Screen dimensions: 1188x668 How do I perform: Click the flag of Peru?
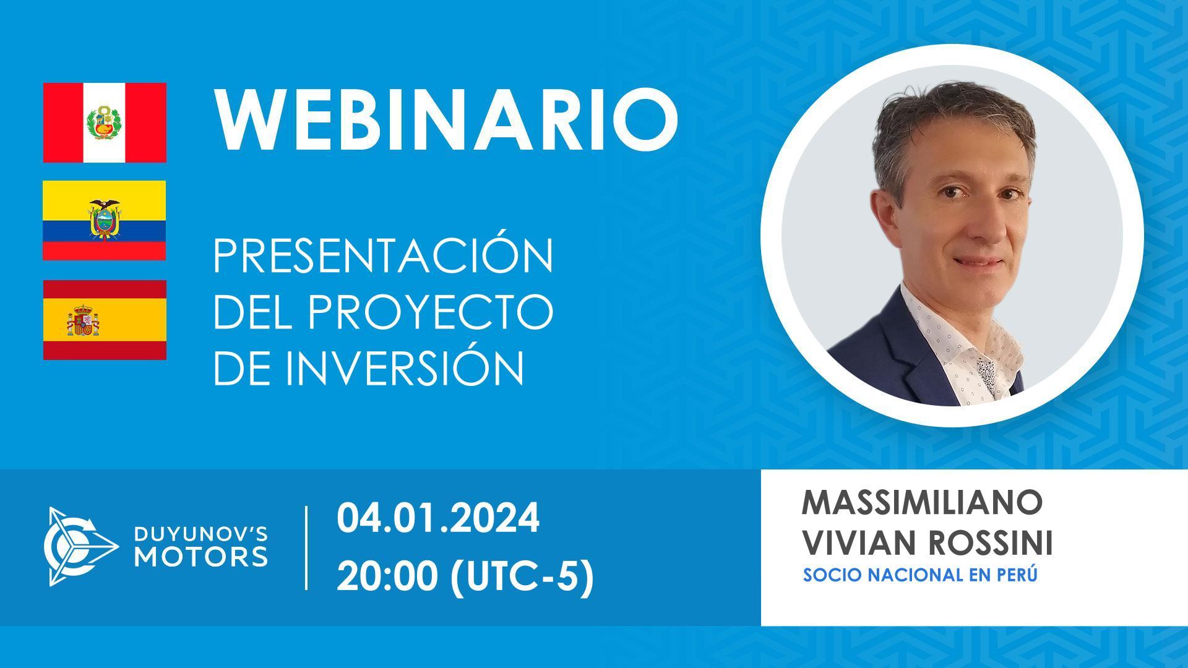pos(105,122)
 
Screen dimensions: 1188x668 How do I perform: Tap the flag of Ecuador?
pos(105,220)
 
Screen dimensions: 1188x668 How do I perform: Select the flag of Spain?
pos(105,320)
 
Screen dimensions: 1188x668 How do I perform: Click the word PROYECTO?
pos(430,311)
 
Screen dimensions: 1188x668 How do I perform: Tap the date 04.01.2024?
pos(438,520)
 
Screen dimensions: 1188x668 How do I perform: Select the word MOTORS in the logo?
pos(202,555)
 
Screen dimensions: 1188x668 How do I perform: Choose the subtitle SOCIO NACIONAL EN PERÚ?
pos(919,575)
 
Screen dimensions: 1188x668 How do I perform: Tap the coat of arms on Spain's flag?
pos(83,320)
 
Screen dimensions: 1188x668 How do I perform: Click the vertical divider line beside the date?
pos(307,547)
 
